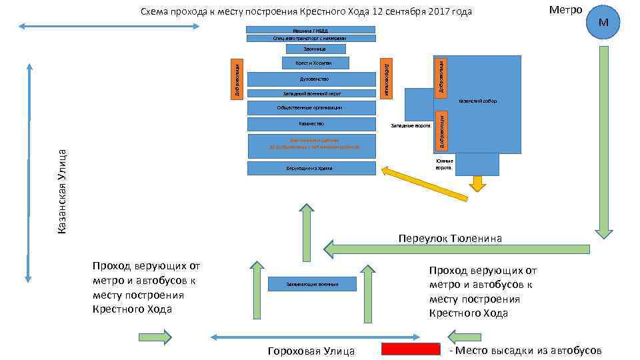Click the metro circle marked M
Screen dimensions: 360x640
(604, 23)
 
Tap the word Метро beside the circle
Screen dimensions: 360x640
(565, 10)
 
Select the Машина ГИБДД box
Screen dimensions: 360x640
(311, 30)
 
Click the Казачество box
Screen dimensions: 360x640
(311, 124)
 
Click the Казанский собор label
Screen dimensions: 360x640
(477, 101)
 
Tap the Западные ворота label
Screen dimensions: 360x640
(410, 125)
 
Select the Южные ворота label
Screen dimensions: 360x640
(445, 164)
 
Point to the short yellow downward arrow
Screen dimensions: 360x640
(477, 183)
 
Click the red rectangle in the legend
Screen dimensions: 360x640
(411, 349)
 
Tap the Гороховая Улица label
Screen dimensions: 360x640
(311, 351)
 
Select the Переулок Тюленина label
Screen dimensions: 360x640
(450, 238)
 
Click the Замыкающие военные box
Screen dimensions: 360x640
(312, 284)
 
